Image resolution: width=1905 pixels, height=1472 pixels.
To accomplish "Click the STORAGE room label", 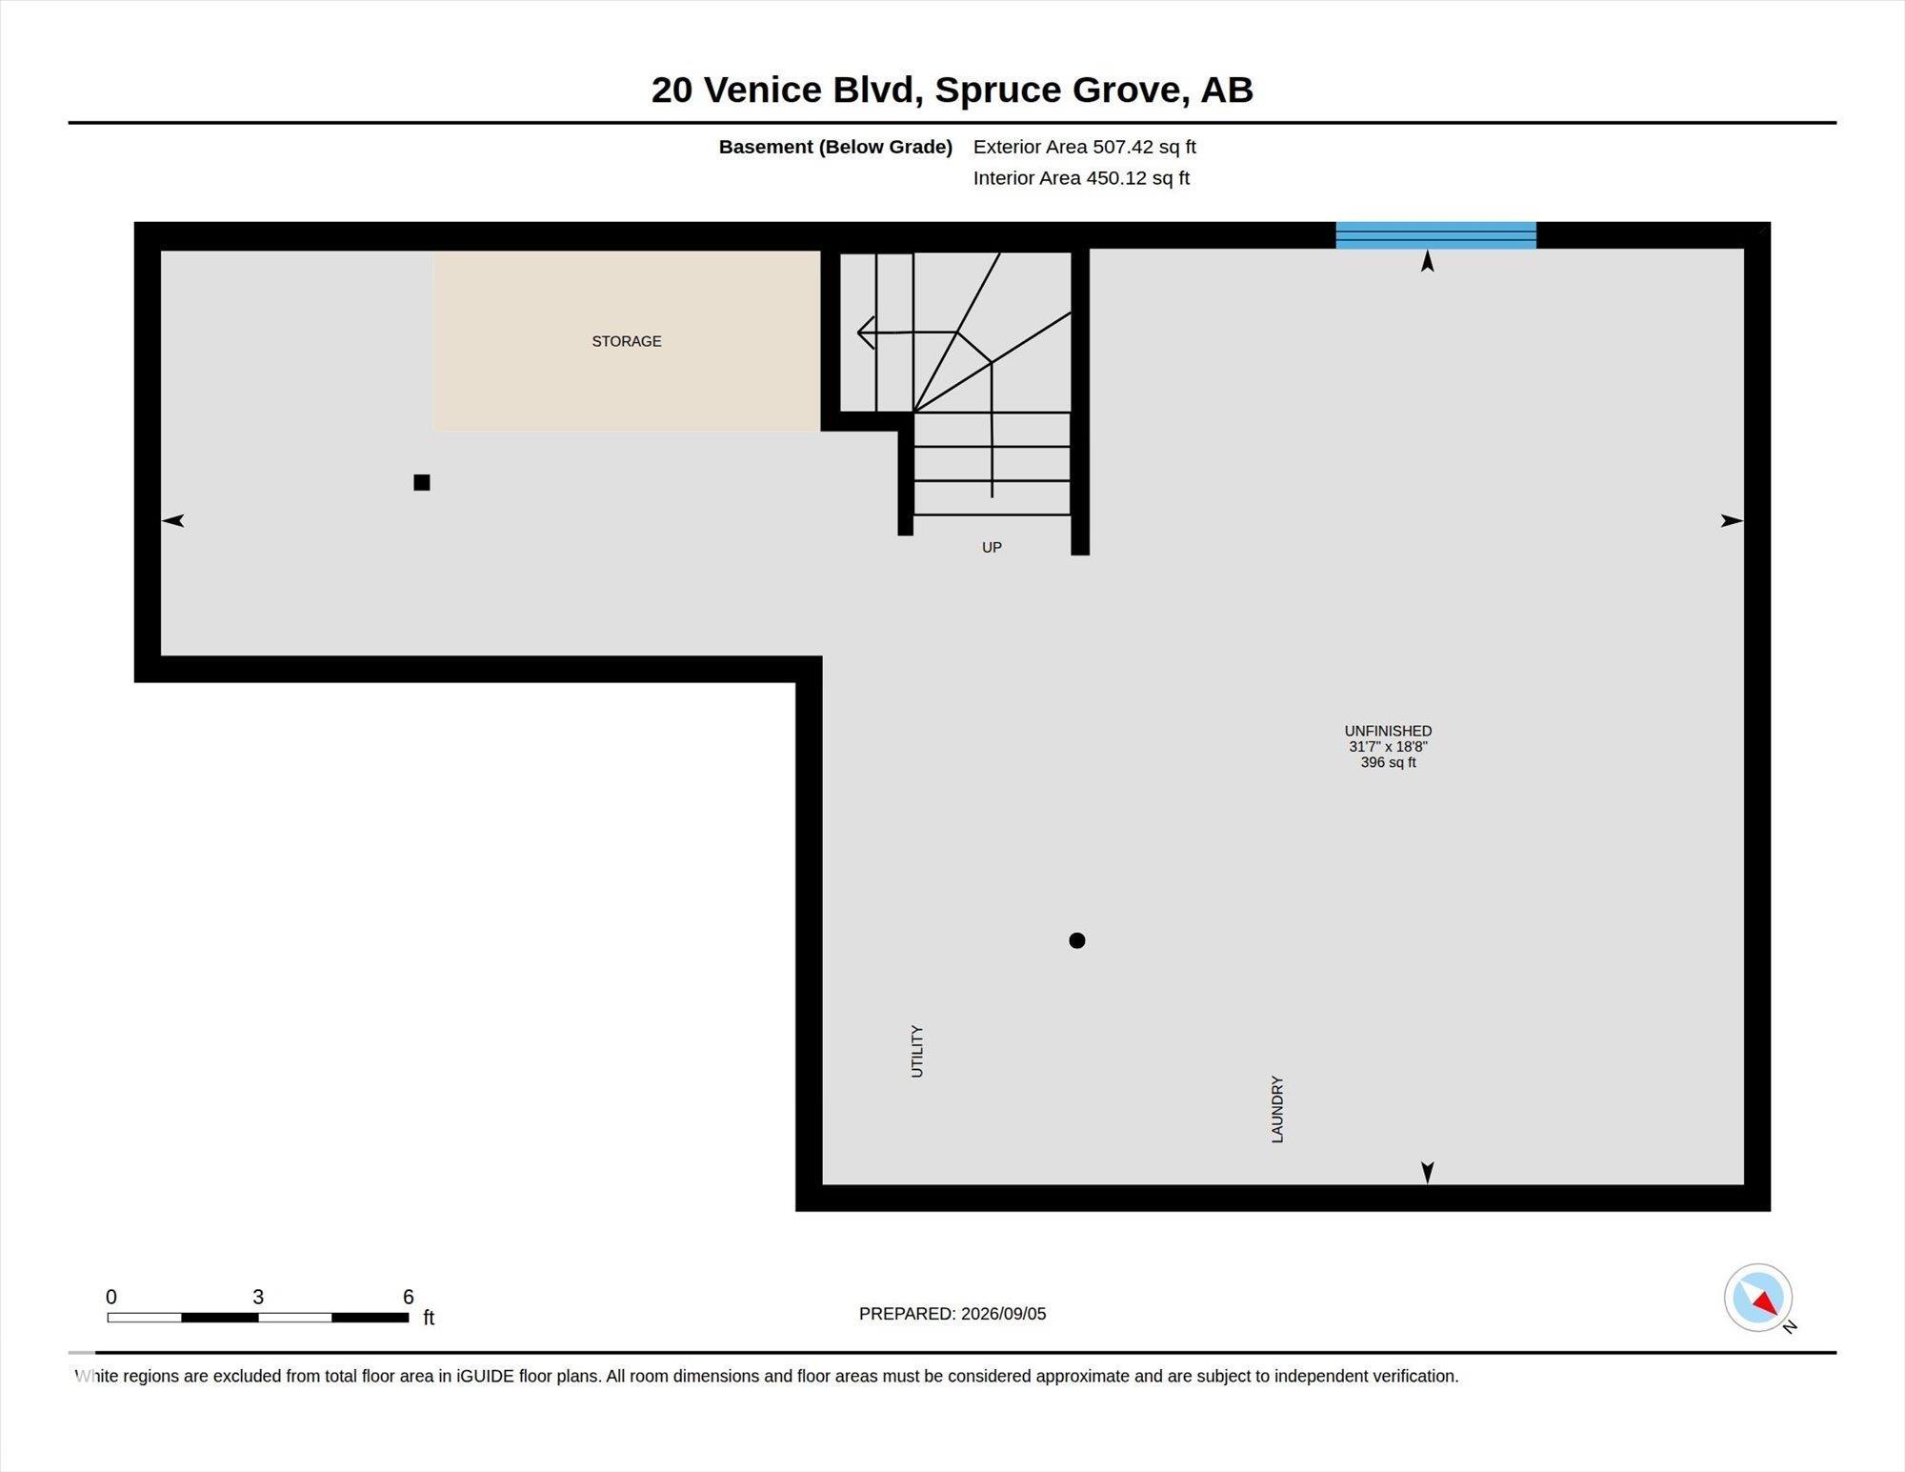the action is click(x=627, y=341).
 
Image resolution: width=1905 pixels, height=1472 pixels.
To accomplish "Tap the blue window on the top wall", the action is click(x=1435, y=235).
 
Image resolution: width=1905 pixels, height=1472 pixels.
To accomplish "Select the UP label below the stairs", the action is click(x=992, y=547).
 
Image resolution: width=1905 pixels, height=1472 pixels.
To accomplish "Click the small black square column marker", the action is click(x=422, y=482).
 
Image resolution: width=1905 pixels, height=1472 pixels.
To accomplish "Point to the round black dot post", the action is click(x=1077, y=940).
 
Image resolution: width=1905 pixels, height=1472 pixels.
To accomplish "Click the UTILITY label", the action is click(x=917, y=1051).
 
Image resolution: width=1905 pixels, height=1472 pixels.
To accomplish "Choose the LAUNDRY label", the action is click(x=1277, y=1109).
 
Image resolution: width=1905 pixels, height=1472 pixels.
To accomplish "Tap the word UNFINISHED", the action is click(x=1388, y=731).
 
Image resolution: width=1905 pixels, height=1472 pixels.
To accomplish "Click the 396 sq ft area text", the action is click(x=1388, y=762).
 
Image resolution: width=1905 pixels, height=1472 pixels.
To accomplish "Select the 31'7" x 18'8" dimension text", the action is click(x=1388, y=747).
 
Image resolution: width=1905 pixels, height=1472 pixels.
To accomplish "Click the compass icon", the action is click(x=1758, y=1298).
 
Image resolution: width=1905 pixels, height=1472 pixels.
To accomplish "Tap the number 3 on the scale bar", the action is click(x=258, y=1297).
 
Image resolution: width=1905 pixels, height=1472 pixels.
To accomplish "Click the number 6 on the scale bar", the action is click(x=409, y=1297).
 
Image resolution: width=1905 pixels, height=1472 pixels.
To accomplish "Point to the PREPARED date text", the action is click(x=952, y=1314).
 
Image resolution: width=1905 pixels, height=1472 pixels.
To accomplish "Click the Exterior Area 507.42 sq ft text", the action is click(x=1084, y=147).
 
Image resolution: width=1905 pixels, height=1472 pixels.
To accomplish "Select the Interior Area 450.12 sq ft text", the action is click(x=1081, y=178).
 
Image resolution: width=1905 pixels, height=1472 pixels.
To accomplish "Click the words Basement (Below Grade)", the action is click(x=835, y=147).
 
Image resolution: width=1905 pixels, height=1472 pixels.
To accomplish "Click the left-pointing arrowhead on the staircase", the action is click(x=866, y=333).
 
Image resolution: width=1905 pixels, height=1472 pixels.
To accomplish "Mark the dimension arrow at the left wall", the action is click(x=172, y=520).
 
